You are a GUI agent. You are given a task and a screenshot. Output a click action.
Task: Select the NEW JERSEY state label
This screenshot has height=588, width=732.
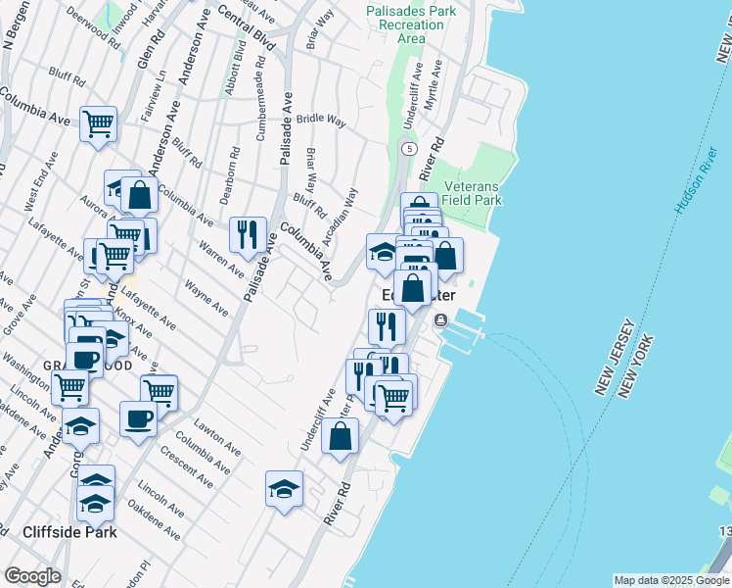point(616,358)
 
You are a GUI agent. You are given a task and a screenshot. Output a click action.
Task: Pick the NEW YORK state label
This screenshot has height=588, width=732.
point(637,365)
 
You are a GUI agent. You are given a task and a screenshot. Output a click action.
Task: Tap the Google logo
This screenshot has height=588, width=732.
point(31,576)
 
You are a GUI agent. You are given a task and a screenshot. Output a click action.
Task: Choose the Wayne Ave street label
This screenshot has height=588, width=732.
point(206,300)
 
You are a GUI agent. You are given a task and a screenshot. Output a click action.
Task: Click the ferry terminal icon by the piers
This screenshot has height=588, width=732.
point(441,319)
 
